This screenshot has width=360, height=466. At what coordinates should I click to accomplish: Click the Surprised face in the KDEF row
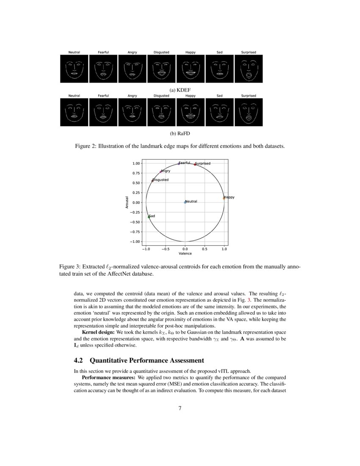(249, 69)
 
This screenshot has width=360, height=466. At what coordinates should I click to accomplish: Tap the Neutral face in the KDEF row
(74, 69)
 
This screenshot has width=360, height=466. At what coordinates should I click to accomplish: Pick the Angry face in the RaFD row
(132, 112)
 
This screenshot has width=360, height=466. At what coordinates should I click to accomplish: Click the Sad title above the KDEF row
(219, 52)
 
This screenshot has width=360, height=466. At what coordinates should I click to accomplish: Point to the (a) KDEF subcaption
(180, 90)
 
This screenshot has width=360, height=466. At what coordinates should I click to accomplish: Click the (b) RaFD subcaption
(180, 134)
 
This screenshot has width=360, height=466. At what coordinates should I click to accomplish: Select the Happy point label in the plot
(229, 197)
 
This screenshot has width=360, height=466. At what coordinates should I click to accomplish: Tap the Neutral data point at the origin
(185, 202)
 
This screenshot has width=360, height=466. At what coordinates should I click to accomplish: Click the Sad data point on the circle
(149, 217)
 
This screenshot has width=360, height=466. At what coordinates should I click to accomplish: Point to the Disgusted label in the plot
(161, 180)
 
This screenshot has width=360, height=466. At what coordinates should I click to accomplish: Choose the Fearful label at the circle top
(185, 163)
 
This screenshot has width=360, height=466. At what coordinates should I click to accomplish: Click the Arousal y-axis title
(127, 202)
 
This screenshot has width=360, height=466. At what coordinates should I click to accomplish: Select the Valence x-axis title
(185, 253)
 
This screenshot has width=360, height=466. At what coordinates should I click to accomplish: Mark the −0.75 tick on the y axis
(136, 232)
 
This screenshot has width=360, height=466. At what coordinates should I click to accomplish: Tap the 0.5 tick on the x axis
(205, 249)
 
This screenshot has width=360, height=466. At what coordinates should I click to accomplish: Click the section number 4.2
(79, 361)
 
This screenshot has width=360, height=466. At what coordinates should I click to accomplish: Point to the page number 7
(180, 408)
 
